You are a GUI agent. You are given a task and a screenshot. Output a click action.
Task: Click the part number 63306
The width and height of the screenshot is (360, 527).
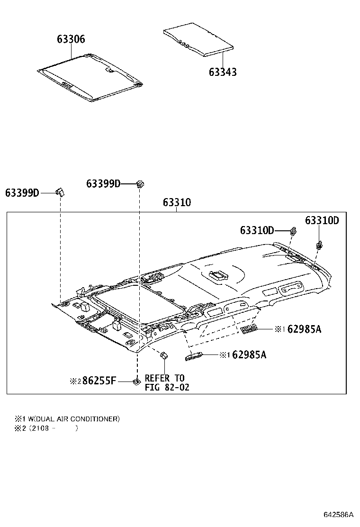coord(71,39)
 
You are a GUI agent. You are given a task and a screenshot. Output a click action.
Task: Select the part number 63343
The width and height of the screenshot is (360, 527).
coord(223,72)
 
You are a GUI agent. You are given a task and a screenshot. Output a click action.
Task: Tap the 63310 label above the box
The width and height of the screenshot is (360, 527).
coord(177,202)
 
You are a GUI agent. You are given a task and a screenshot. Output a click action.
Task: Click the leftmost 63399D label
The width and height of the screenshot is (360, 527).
coord(22,193)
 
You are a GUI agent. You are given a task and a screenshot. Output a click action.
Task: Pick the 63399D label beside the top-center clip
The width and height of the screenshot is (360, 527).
coord(103,183)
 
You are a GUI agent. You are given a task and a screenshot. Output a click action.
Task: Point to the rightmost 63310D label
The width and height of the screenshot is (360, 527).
coord(322,220)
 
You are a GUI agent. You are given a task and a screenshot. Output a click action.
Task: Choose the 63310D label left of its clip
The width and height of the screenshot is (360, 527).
coord(257,230)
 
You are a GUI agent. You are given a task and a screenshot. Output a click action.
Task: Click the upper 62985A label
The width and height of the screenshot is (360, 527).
coord(304,329)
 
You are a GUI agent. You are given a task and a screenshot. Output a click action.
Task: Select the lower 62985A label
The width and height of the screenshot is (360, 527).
coord(249,354)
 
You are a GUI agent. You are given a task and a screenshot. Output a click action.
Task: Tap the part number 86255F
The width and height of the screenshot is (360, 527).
coord(99,381)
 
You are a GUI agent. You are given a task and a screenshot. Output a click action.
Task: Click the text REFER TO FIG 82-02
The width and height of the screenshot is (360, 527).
coord(167,383)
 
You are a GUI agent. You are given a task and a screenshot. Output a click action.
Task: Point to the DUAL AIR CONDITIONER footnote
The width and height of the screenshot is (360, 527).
coord(67,419)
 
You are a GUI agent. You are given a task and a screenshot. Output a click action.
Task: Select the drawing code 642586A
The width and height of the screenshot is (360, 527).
coord(339,515)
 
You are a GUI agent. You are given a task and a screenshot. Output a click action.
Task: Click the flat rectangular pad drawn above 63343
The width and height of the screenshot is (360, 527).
coord(198,39)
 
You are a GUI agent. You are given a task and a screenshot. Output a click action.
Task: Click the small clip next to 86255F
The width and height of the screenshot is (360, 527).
coord(136,382)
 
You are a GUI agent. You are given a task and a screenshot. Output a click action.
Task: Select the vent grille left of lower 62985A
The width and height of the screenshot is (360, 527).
coord(194,356)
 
